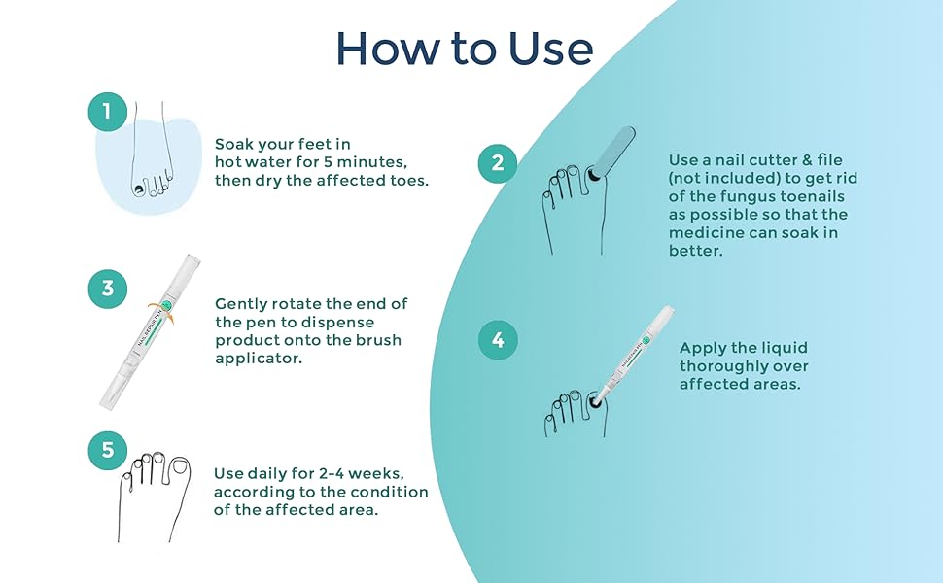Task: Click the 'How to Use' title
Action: pos(465,48)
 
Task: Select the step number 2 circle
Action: pos(497,163)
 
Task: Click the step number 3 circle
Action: pos(108,289)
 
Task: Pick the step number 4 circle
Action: pos(498,340)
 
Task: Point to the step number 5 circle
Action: pos(108,450)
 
